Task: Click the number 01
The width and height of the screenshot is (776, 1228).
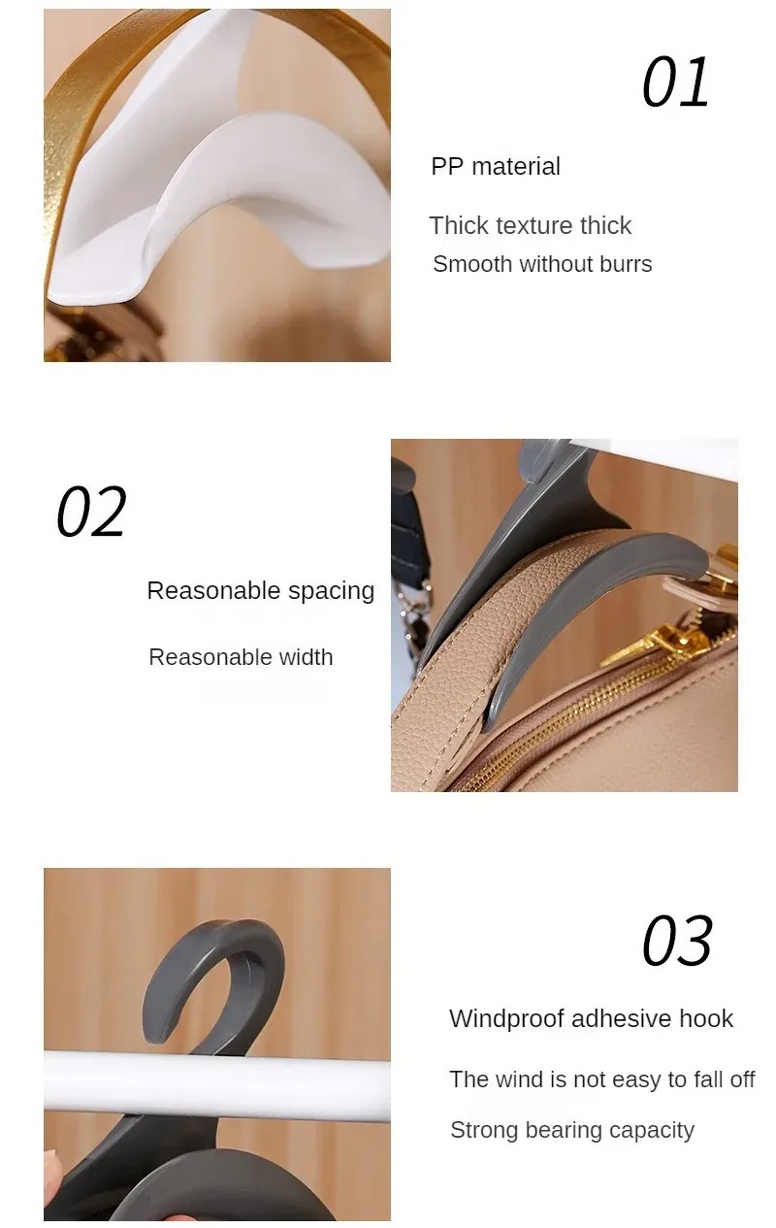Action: [x=676, y=83]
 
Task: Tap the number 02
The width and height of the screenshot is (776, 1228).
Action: [x=91, y=511]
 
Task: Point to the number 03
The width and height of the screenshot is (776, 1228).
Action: [x=677, y=941]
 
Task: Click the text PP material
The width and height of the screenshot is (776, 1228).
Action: [x=496, y=166]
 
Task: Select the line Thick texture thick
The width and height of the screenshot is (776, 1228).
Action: [x=531, y=225]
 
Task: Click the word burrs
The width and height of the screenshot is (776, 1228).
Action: [x=626, y=264]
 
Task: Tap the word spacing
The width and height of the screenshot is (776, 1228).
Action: [x=332, y=591]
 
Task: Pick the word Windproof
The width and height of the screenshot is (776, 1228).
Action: [x=506, y=1019]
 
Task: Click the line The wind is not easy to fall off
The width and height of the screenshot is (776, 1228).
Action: [x=601, y=1079]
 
